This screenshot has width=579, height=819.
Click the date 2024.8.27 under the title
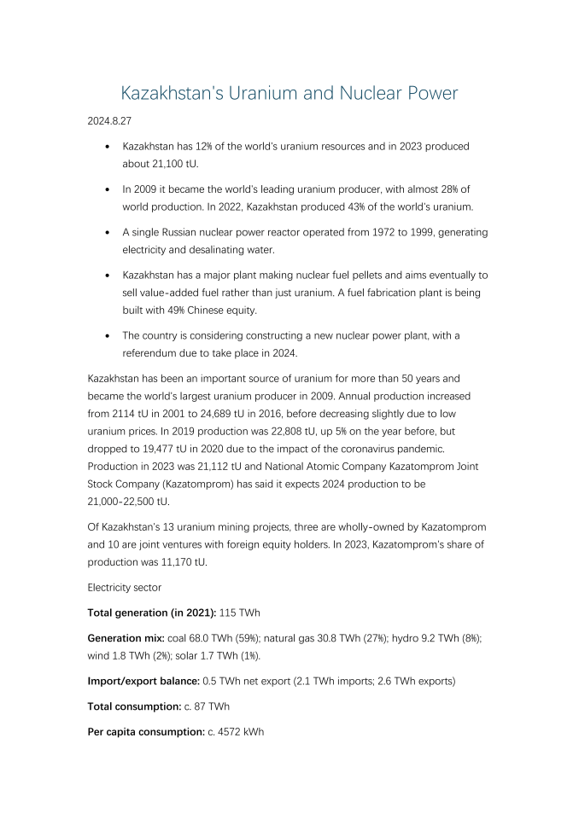109,122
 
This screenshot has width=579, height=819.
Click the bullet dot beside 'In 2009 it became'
106,189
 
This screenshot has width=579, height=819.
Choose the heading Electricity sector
125,588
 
